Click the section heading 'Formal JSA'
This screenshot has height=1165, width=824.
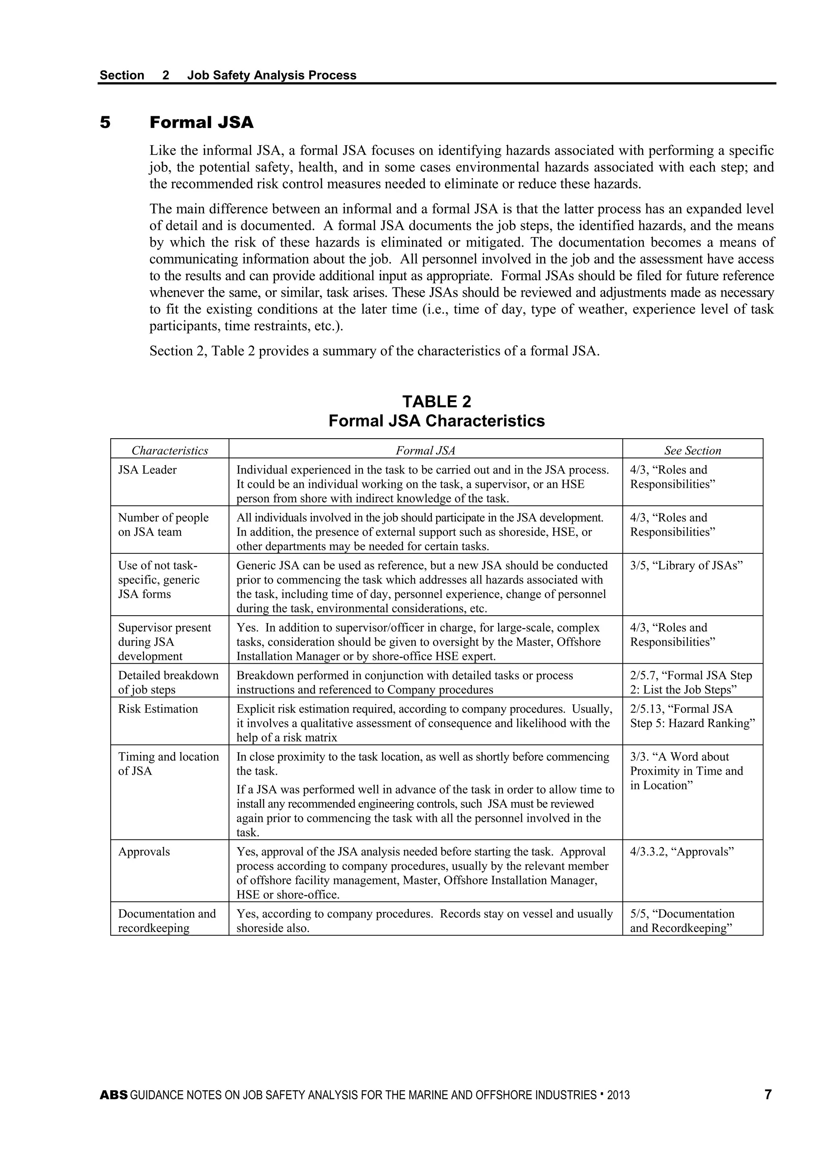(202, 122)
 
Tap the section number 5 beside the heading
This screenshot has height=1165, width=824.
(105, 122)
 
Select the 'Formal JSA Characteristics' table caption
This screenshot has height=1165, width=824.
(437, 421)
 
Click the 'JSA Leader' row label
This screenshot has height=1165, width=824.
(148, 470)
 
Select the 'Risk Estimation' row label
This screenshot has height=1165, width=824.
(158, 709)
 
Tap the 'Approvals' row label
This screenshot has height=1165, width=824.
(144, 852)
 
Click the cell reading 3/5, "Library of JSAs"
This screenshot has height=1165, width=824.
(686, 565)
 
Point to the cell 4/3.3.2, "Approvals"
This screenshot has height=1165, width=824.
(682, 852)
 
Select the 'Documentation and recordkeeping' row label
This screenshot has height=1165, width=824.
(167, 920)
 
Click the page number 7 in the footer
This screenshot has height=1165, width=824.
(768, 1095)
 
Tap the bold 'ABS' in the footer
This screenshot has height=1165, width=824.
(113, 1095)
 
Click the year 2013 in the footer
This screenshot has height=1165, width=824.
(618, 1095)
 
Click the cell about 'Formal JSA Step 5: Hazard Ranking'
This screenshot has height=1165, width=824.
(692, 716)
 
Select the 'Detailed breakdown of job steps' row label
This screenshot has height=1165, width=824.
(168, 683)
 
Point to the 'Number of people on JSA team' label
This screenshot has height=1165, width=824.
(163, 525)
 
